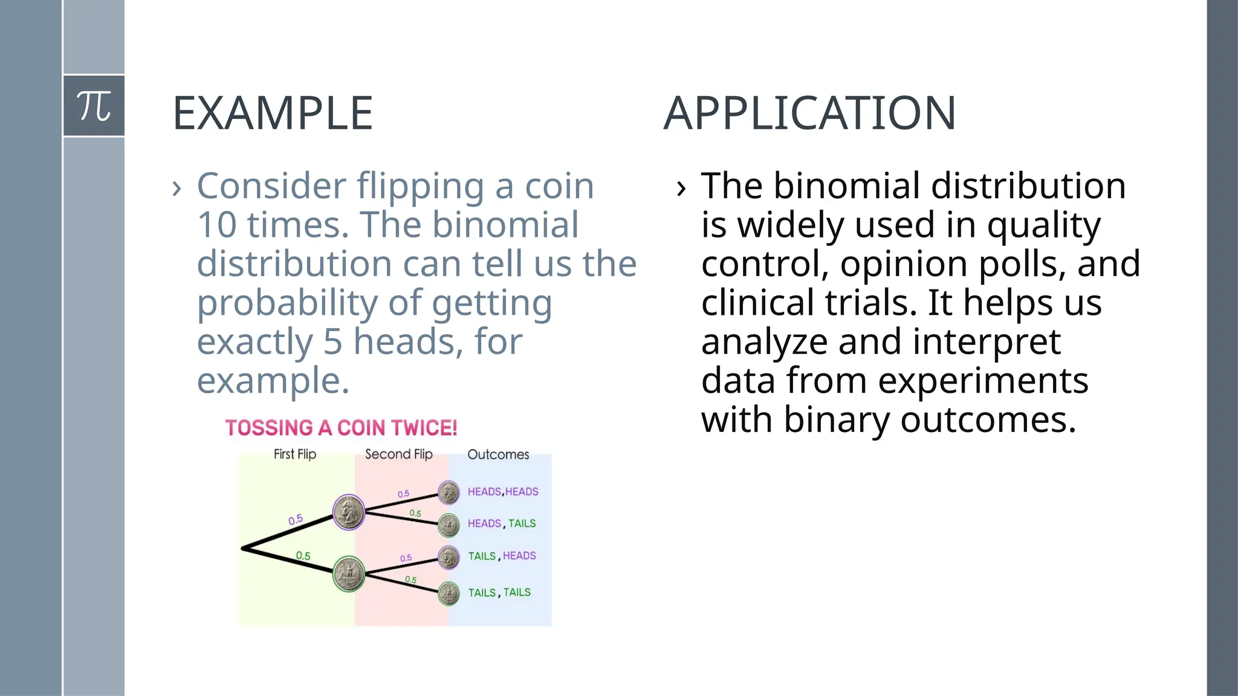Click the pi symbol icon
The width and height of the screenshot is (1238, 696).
pyautogui.click(x=94, y=106)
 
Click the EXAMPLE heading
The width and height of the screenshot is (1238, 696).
pyautogui.click(x=273, y=114)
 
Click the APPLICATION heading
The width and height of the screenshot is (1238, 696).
pyautogui.click(x=809, y=114)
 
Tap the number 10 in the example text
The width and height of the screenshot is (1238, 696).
pyautogui.click(x=216, y=225)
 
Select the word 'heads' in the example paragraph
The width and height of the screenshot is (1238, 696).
pyautogui.click(x=404, y=342)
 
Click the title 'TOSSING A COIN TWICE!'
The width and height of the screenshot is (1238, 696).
pyautogui.click(x=341, y=428)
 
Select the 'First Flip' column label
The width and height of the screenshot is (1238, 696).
pyautogui.click(x=294, y=454)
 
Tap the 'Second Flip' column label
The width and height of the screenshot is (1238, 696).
pyautogui.click(x=398, y=454)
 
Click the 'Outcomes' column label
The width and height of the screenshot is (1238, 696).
pyautogui.click(x=497, y=454)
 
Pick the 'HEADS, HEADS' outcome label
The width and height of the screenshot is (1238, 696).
pyautogui.click(x=502, y=492)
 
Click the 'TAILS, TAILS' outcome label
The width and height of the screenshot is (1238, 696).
pyautogui.click(x=499, y=593)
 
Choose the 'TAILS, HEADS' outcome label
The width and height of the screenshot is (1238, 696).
pyautogui.click(x=502, y=556)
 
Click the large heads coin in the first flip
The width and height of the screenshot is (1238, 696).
pyautogui.click(x=349, y=512)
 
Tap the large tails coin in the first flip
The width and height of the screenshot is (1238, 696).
pyautogui.click(x=349, y=573)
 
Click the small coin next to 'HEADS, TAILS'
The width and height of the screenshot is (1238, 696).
pyautogui.click(x=449, y=525)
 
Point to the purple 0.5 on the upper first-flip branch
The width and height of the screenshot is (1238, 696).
pyautogui.click(x=296, y=520)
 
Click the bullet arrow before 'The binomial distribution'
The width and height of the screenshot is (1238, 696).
pyautogui.click(x=681, y=188)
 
